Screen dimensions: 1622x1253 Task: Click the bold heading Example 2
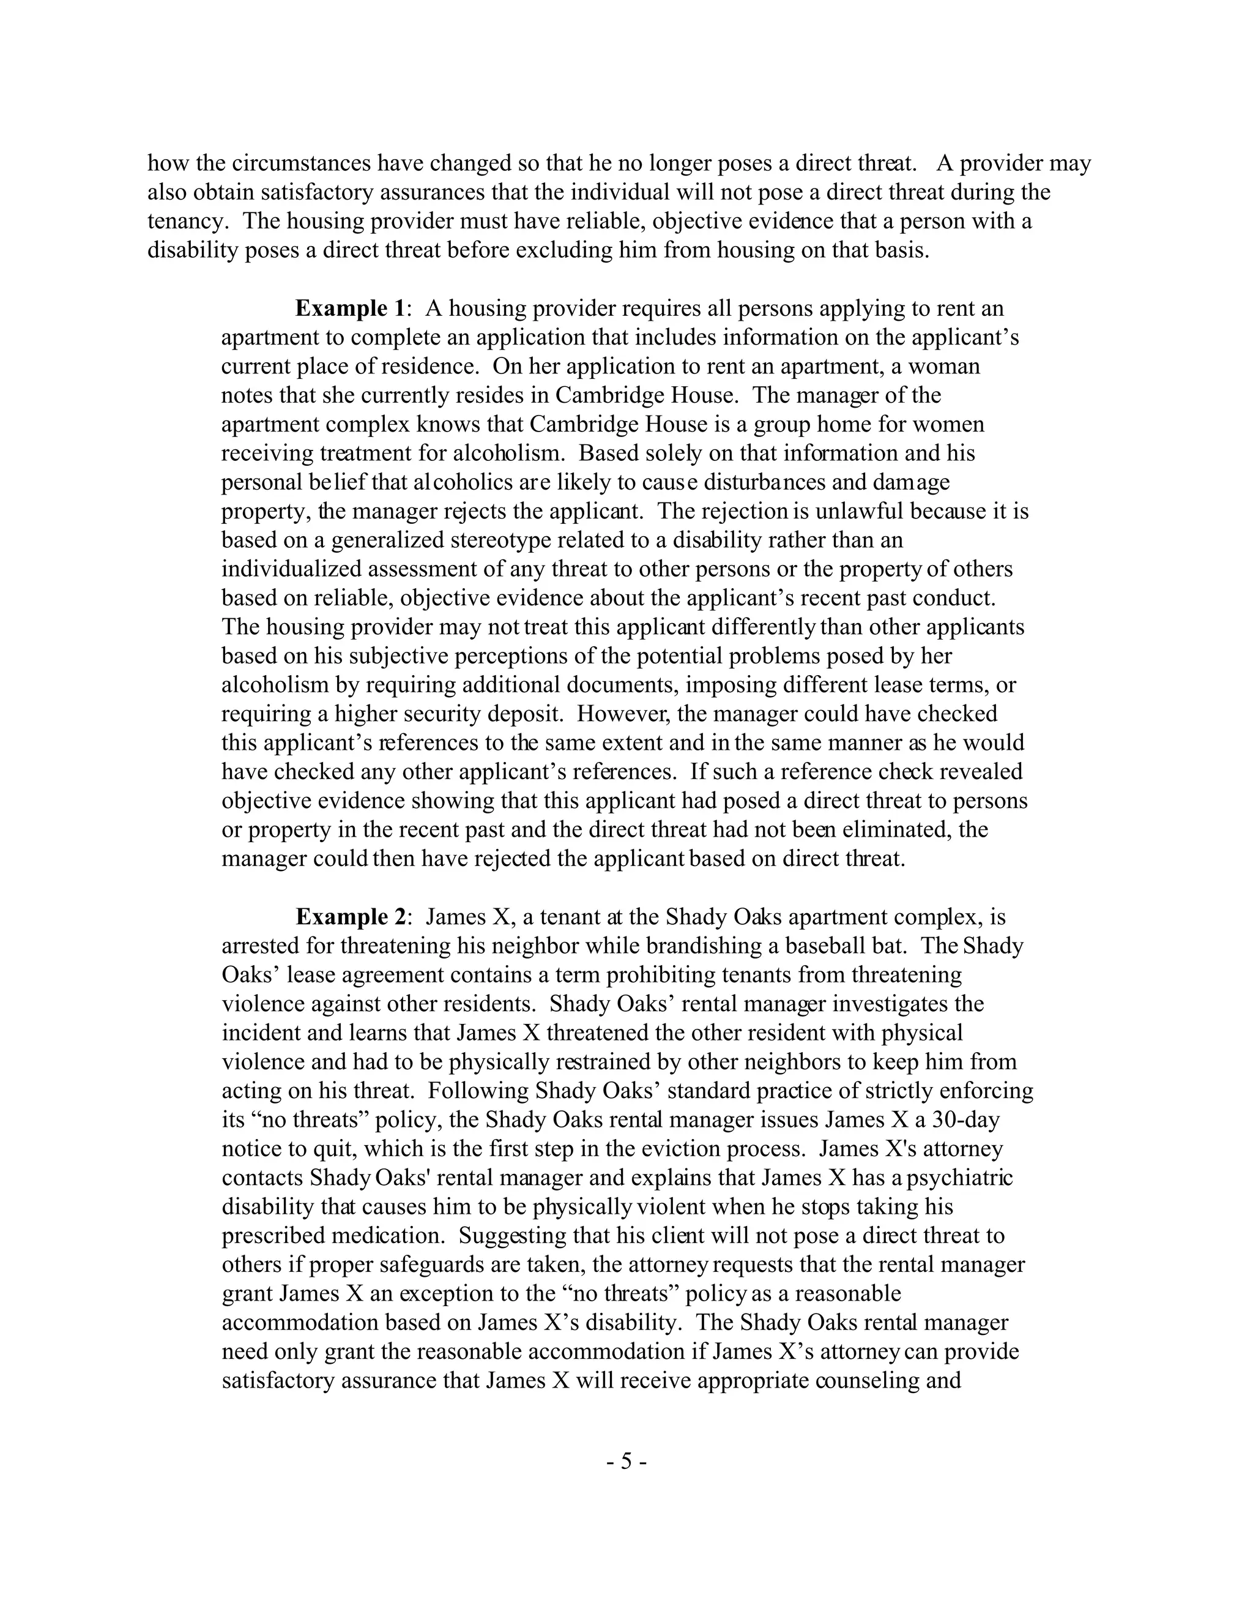351,918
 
